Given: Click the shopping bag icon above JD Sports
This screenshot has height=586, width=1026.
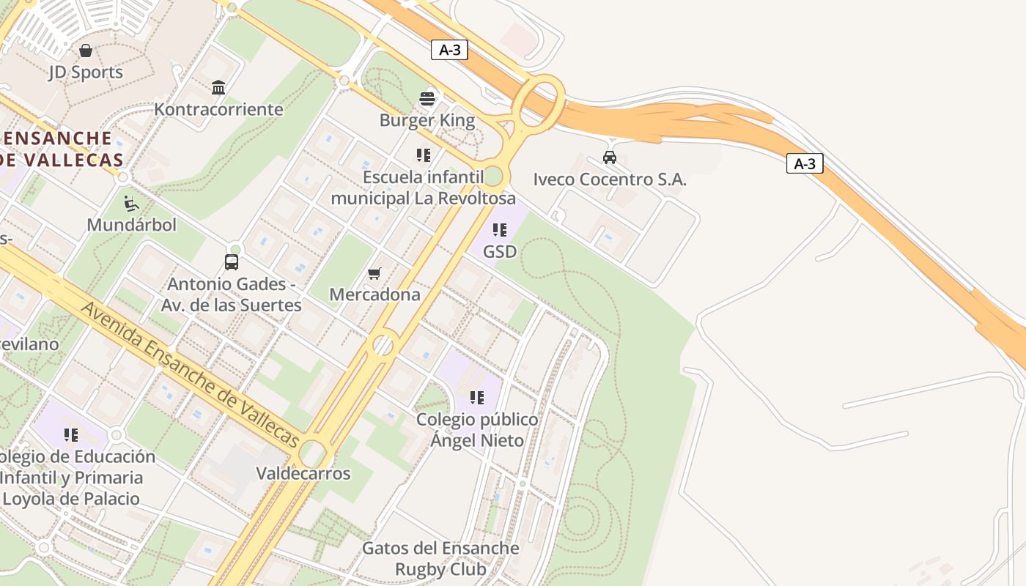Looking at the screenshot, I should (86, 51).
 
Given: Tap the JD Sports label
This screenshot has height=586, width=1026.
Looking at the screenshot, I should (86, 73).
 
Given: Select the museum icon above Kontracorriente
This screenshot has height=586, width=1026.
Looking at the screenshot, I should (218, 88).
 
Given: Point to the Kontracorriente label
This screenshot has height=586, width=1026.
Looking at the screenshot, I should (218, 109).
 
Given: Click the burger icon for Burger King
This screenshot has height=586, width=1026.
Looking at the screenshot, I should (427, 98).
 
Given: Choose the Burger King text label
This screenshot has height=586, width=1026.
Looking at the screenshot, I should (427, 120).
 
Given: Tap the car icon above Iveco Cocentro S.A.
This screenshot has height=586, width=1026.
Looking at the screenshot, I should (609, 157).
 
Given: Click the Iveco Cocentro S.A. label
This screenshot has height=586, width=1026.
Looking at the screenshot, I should (610, 179).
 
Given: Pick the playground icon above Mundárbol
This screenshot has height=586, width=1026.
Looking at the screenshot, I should (132, 203).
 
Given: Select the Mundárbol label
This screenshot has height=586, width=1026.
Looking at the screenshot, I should (132, 225).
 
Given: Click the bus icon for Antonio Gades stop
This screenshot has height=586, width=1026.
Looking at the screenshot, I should (232, 262).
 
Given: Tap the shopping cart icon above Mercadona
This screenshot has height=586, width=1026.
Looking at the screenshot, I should (374, 273).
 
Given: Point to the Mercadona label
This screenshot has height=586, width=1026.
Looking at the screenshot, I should (374, 294).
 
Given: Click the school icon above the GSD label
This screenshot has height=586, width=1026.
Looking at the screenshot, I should (500, 230).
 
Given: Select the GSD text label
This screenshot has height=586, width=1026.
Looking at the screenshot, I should (500, 251).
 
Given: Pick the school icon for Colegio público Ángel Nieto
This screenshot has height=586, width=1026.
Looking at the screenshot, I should (477, 398).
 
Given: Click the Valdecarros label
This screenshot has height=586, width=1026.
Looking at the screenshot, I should (303, 473).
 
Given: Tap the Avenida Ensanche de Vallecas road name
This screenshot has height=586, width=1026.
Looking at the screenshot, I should (190, 374).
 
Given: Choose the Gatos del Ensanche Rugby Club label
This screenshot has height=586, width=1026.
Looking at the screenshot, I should (440, 558).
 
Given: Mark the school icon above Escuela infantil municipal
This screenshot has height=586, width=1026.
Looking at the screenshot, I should (424, 155).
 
